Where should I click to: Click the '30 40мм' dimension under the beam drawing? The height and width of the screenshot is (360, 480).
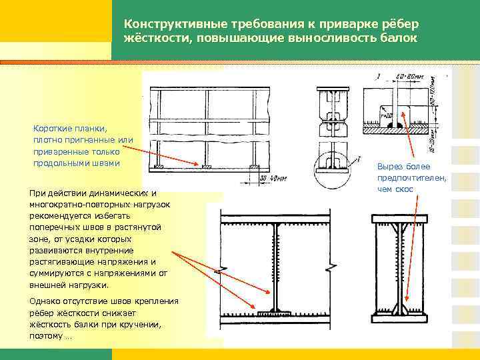click(270, 178)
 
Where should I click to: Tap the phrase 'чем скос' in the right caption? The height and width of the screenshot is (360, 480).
click(395, 189)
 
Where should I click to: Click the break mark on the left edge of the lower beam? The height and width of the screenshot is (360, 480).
click(221, 270)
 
